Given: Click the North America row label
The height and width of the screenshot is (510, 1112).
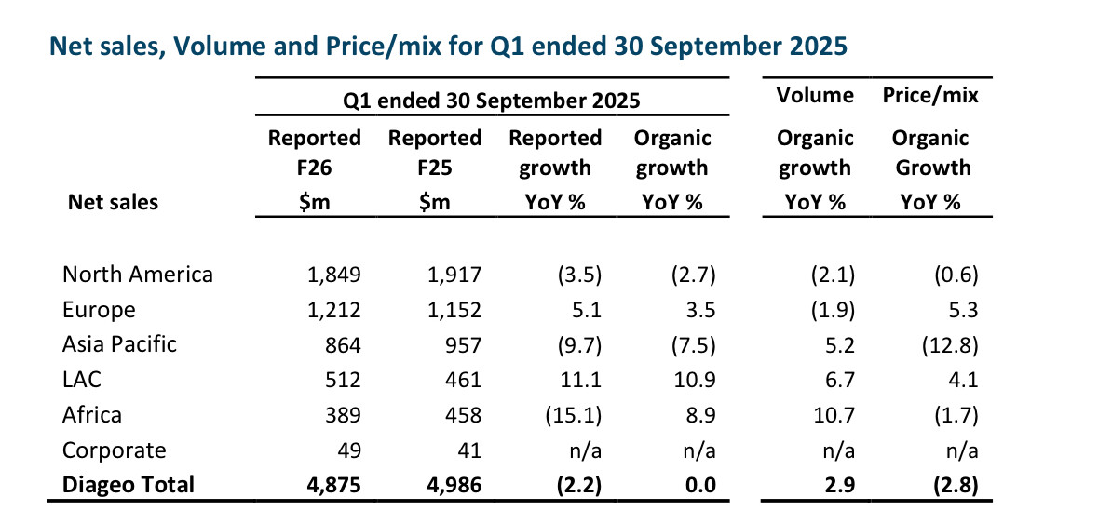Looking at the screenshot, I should coord(138,275).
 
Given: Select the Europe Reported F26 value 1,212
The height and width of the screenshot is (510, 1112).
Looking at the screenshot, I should coord(333,309).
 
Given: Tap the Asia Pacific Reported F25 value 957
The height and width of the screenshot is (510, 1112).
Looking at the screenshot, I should coord(463,343).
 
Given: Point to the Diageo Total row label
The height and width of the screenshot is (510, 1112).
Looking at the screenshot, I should coord(129,484).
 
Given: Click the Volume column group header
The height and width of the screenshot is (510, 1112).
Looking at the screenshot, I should coord(815,95).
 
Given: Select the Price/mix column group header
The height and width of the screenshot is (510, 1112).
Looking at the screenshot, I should coord(930,95).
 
